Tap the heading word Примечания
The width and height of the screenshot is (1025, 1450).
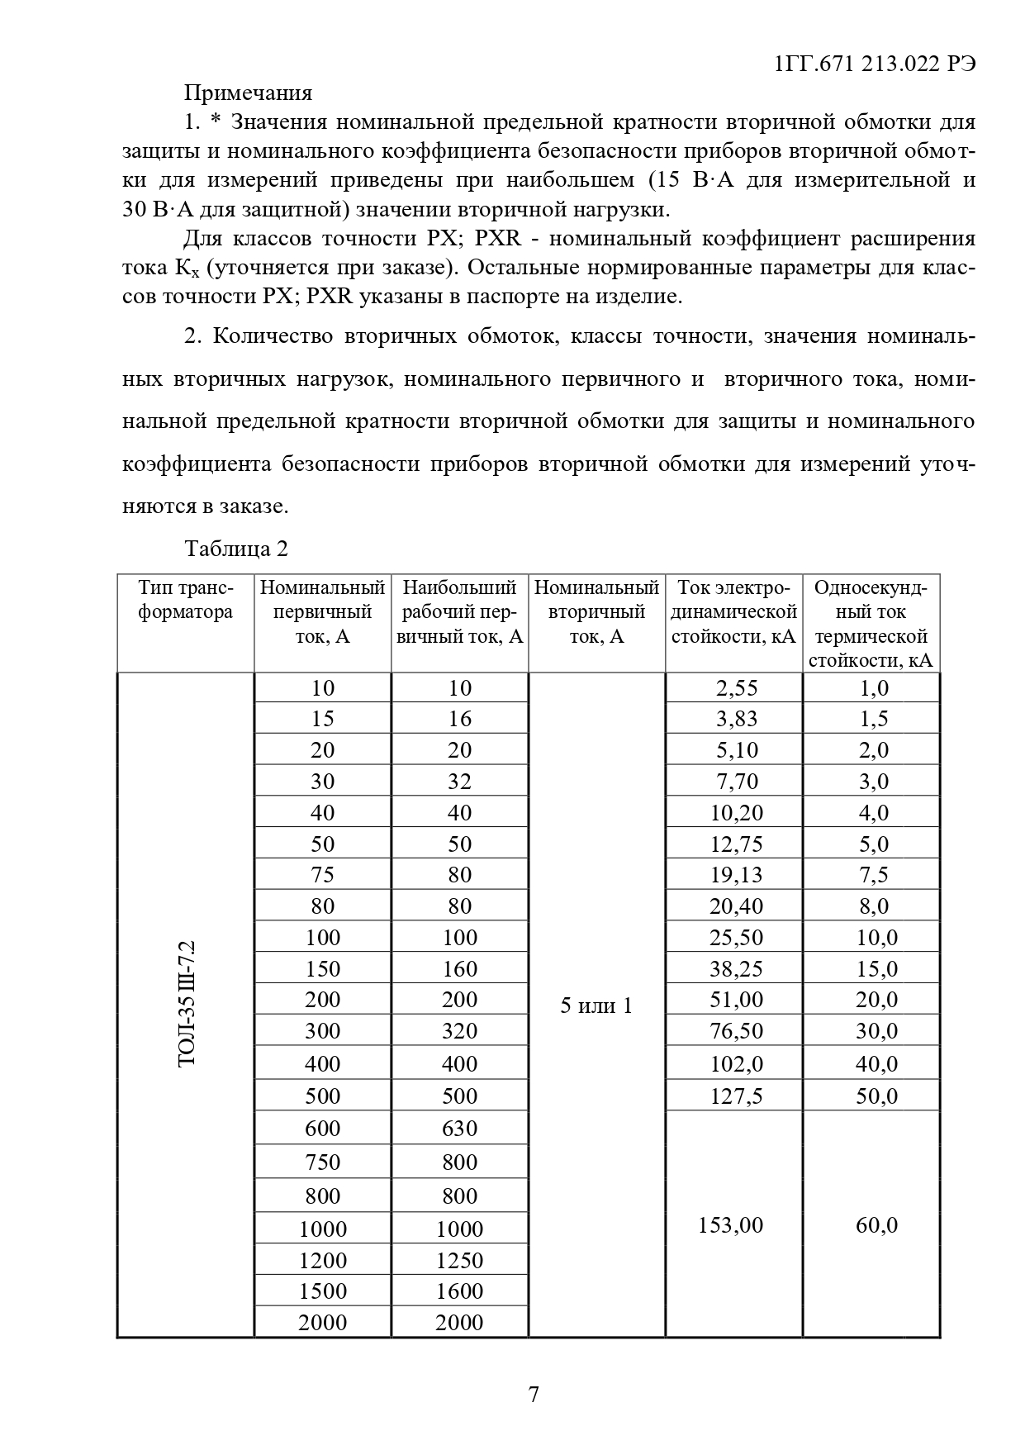pos(248,93)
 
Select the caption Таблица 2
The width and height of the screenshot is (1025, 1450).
pos(236,549)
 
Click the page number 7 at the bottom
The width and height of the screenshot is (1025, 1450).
pos(534,1395)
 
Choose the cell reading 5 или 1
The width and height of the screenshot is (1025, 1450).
pos(596,1005)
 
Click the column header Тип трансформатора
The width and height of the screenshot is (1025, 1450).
pos(186,600)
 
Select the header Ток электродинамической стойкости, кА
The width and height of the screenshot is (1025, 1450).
pos(733,612)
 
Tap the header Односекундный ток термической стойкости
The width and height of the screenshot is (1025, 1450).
pos(871,624)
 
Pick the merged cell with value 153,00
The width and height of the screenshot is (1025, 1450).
pos(731,1224)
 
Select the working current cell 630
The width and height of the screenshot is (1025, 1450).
pos(459,1129)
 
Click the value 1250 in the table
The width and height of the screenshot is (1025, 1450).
pos(459,1260)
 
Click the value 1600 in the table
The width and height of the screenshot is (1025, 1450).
pos(459,1291)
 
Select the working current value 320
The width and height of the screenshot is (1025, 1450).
pos(459,1030)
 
